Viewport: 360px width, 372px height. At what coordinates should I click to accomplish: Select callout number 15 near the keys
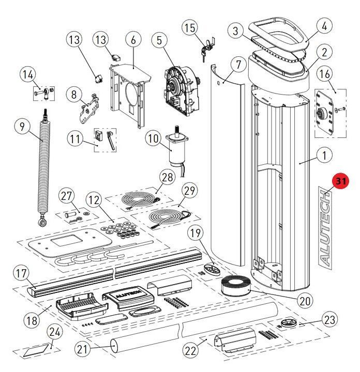190,27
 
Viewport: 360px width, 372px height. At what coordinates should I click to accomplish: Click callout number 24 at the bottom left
54,331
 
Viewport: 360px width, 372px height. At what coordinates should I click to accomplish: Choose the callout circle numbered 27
67,196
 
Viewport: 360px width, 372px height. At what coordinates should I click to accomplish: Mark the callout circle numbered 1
324,154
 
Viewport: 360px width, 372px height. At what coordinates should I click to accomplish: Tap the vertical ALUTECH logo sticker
325,228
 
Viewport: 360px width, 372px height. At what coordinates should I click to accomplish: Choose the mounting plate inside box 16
324,113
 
